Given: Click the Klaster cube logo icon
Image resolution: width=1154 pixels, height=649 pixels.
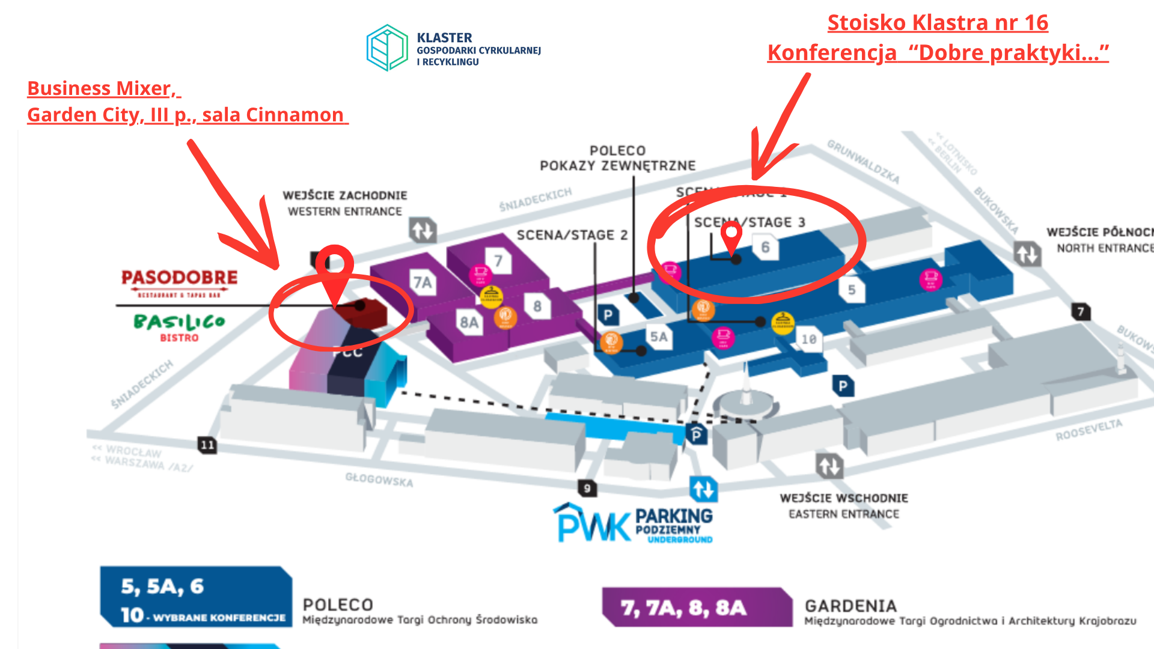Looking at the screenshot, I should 388,47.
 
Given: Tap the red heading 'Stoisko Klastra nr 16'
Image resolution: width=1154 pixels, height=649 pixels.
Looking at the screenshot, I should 938,23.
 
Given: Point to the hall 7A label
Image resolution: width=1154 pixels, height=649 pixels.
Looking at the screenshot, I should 423,282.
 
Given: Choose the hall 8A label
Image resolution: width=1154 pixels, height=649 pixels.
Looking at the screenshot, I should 469,323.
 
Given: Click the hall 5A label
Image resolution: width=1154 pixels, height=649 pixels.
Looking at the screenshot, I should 659,337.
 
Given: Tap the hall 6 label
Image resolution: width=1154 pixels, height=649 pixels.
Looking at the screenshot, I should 765,247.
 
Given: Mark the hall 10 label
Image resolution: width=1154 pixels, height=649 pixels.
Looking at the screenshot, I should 809,340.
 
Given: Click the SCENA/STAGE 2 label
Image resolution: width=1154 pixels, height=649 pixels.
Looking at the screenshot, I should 572,235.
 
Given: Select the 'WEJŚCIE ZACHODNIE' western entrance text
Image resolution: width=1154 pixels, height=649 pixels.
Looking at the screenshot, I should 345,195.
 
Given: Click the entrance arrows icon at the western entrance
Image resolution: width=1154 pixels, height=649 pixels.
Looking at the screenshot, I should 423,230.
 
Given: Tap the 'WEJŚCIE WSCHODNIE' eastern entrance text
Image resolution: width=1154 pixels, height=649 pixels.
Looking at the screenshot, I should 844,498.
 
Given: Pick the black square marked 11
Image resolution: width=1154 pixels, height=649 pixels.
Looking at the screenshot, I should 207,445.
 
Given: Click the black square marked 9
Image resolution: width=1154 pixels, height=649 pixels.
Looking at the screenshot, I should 587,488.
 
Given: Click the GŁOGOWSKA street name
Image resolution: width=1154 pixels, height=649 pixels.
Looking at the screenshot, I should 379,480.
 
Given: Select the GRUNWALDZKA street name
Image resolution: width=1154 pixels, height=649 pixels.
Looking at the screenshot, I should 863,161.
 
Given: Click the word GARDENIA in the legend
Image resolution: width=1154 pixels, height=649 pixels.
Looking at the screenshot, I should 850,606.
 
